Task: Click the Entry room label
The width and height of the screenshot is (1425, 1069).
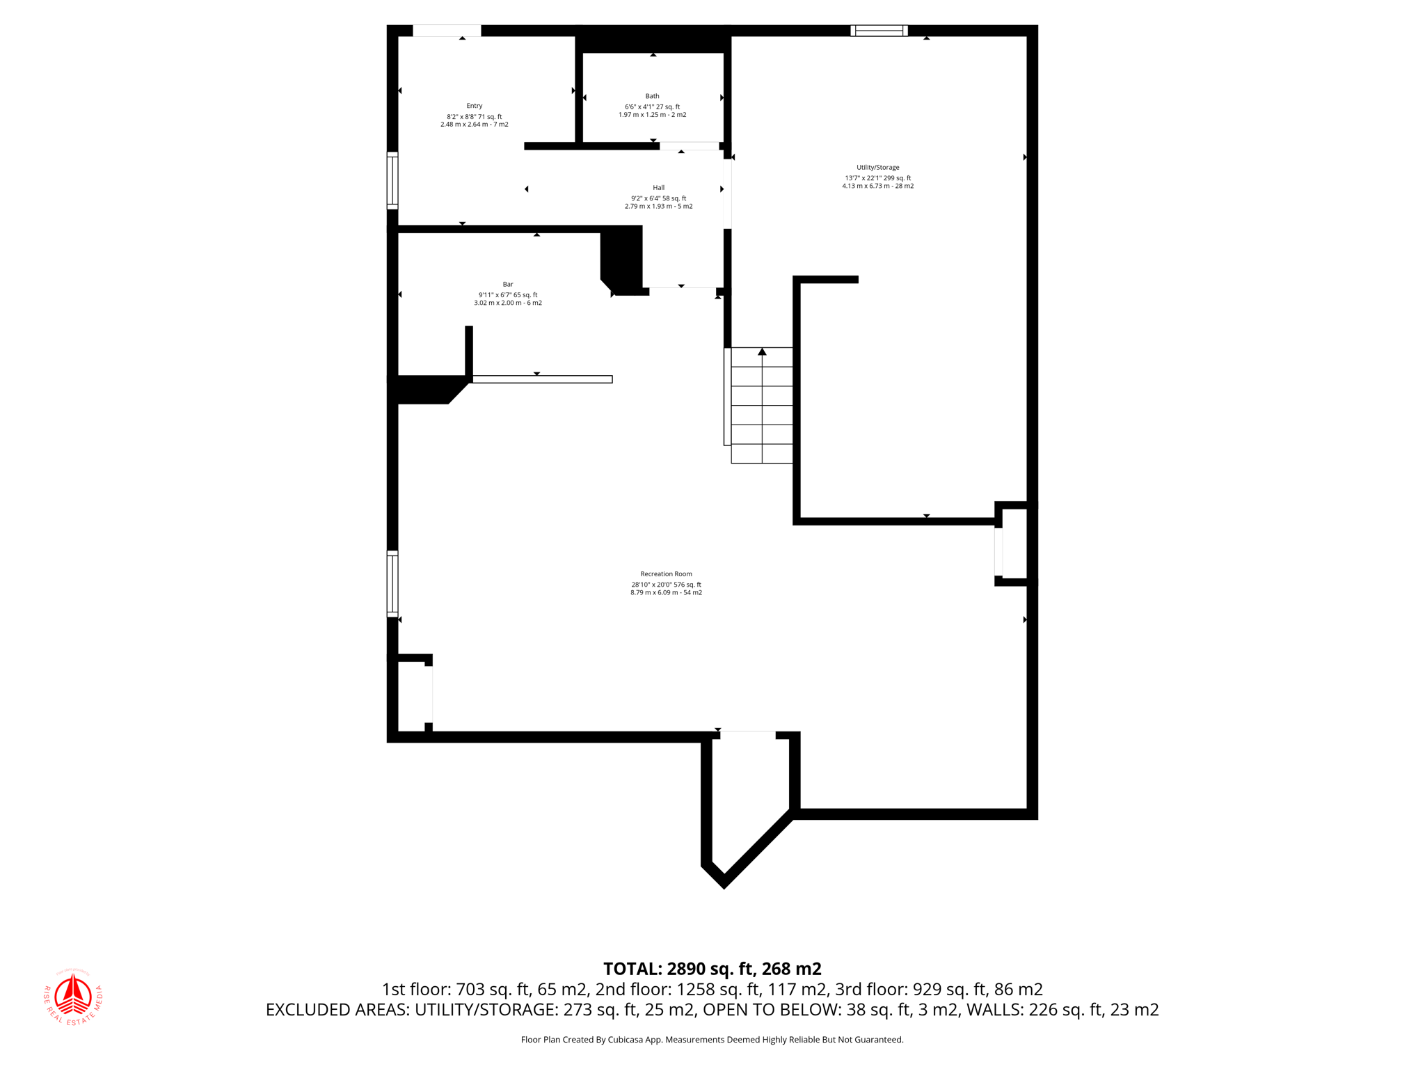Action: [x=474, y=106]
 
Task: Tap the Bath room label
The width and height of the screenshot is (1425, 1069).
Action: [x=652, y=96]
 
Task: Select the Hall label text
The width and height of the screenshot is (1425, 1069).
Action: [x=658, y=187]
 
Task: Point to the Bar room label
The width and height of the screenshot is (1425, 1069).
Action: [x=508, y=284]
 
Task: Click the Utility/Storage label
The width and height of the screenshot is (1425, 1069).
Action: [x=877, y=167]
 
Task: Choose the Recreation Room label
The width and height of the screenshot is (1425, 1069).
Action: [x=666, y=574]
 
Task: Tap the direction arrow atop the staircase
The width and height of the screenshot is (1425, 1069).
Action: [x=762, y=352]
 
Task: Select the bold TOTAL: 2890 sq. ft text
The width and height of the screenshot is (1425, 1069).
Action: [x=712, y=969]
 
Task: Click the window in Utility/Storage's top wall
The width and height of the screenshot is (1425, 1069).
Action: [x=879, y=31]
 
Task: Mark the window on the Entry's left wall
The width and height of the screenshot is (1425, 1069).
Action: [x=392, y=180]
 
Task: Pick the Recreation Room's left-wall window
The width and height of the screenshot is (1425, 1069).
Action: [x=392, y=584]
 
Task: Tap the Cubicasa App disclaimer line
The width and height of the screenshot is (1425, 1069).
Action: [x=712, y=1040]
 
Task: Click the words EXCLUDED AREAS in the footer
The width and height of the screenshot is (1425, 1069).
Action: [x=337, y=1010]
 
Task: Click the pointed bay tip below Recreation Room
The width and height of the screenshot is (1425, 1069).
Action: [x=724, y=882]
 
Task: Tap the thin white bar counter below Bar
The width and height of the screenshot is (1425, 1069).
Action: [x=542, y=379]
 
